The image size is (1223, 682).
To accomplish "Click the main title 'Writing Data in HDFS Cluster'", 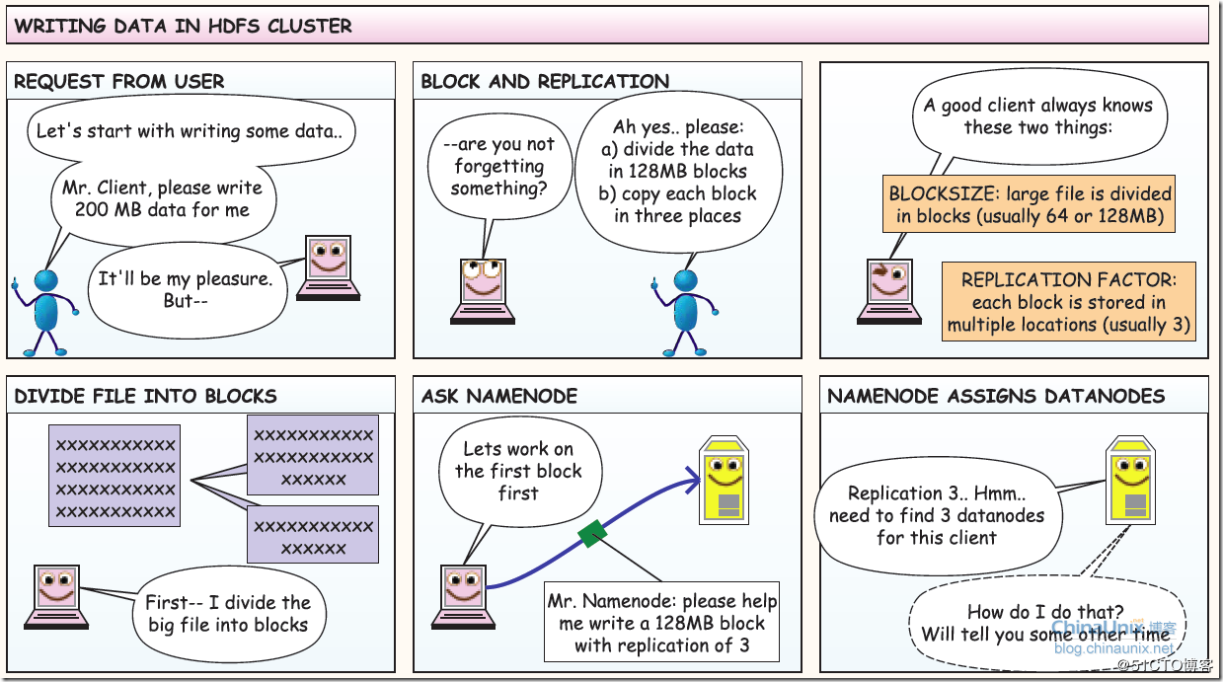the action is tap(183, 26).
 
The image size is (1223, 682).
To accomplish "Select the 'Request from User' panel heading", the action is tap(119, 81).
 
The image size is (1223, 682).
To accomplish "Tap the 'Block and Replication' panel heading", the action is tap(545, 81).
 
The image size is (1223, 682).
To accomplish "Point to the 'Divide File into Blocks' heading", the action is tap(145, 396).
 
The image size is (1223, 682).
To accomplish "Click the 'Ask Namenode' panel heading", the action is tap(499, 396).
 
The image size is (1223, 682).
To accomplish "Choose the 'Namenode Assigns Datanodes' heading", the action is tap(996, 396).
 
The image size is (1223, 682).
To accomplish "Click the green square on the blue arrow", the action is tap(592, 534).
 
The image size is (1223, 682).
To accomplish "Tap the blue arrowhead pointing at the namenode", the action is tap(693, 480).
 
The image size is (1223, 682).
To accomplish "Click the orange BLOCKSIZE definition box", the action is tap(1029, 203).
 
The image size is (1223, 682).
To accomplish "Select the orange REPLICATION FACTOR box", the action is tap(1068, 301).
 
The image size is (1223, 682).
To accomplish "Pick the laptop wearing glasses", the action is tap(483, 291).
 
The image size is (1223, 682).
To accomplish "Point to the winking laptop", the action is tap(889, 291).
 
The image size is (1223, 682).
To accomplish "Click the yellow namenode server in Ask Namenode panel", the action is tap(724, 480).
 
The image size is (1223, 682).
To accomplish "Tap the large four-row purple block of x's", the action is tap(115, 476).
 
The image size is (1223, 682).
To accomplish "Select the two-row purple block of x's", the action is tap(313, 534).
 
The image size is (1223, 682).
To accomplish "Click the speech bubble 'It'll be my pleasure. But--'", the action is tap(188, 290).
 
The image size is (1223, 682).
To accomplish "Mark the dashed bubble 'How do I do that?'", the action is tap(1046, 623).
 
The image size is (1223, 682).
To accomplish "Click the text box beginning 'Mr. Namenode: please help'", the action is tap(661, 622).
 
